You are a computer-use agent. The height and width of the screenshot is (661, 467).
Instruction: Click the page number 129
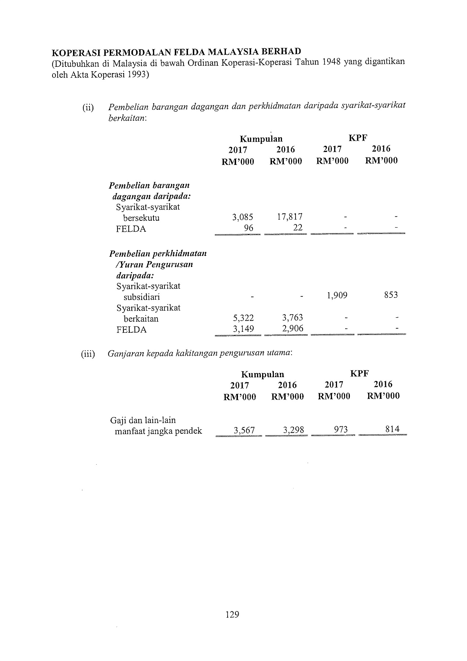click(232, 614)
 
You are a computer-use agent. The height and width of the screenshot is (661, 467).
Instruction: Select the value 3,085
click(243, 217)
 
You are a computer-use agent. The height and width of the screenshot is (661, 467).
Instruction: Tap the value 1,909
click(337, 295)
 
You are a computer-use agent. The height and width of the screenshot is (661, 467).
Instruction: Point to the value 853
click(391, 295)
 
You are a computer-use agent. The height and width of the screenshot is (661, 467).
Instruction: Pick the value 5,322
click(243, 318)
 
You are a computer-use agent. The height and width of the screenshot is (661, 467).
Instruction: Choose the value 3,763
click(292, 318)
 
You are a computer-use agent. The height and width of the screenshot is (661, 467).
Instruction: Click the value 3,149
click(243, 329)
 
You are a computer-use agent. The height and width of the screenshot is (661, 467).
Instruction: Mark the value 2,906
click(293, 328)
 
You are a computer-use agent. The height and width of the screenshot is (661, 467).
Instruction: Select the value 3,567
click(244, 430)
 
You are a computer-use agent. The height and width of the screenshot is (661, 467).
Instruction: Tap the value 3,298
click(294, 430)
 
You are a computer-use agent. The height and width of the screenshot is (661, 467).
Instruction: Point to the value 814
click(392, 429)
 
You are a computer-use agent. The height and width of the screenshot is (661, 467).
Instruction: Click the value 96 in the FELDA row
click(249, 228)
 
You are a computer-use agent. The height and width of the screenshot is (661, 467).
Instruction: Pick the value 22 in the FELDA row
click(298, 228)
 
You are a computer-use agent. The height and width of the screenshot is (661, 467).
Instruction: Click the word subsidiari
click(141, 297)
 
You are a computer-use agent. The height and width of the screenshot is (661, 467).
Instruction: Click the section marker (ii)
click(88, 108)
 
